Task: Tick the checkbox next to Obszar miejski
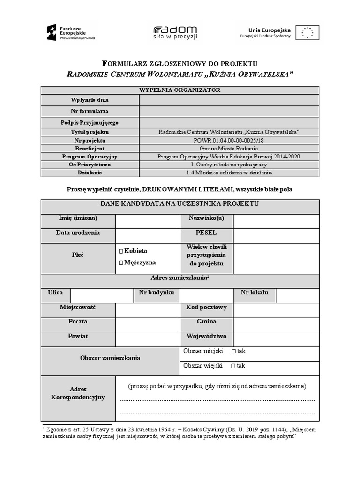(x=233, y=351)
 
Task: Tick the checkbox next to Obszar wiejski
(x=233, y=366)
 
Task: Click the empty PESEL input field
(x=276, y=236)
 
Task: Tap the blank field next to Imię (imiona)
(x=148, y=221)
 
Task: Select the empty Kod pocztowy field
(x=276, y=310)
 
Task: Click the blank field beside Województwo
(x=276, y=339)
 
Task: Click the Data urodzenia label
(x=78, y=233)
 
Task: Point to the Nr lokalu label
(x=255, y=292)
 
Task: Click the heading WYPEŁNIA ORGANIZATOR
(x=180, y=90)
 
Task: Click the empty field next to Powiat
(x=148, y=339)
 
